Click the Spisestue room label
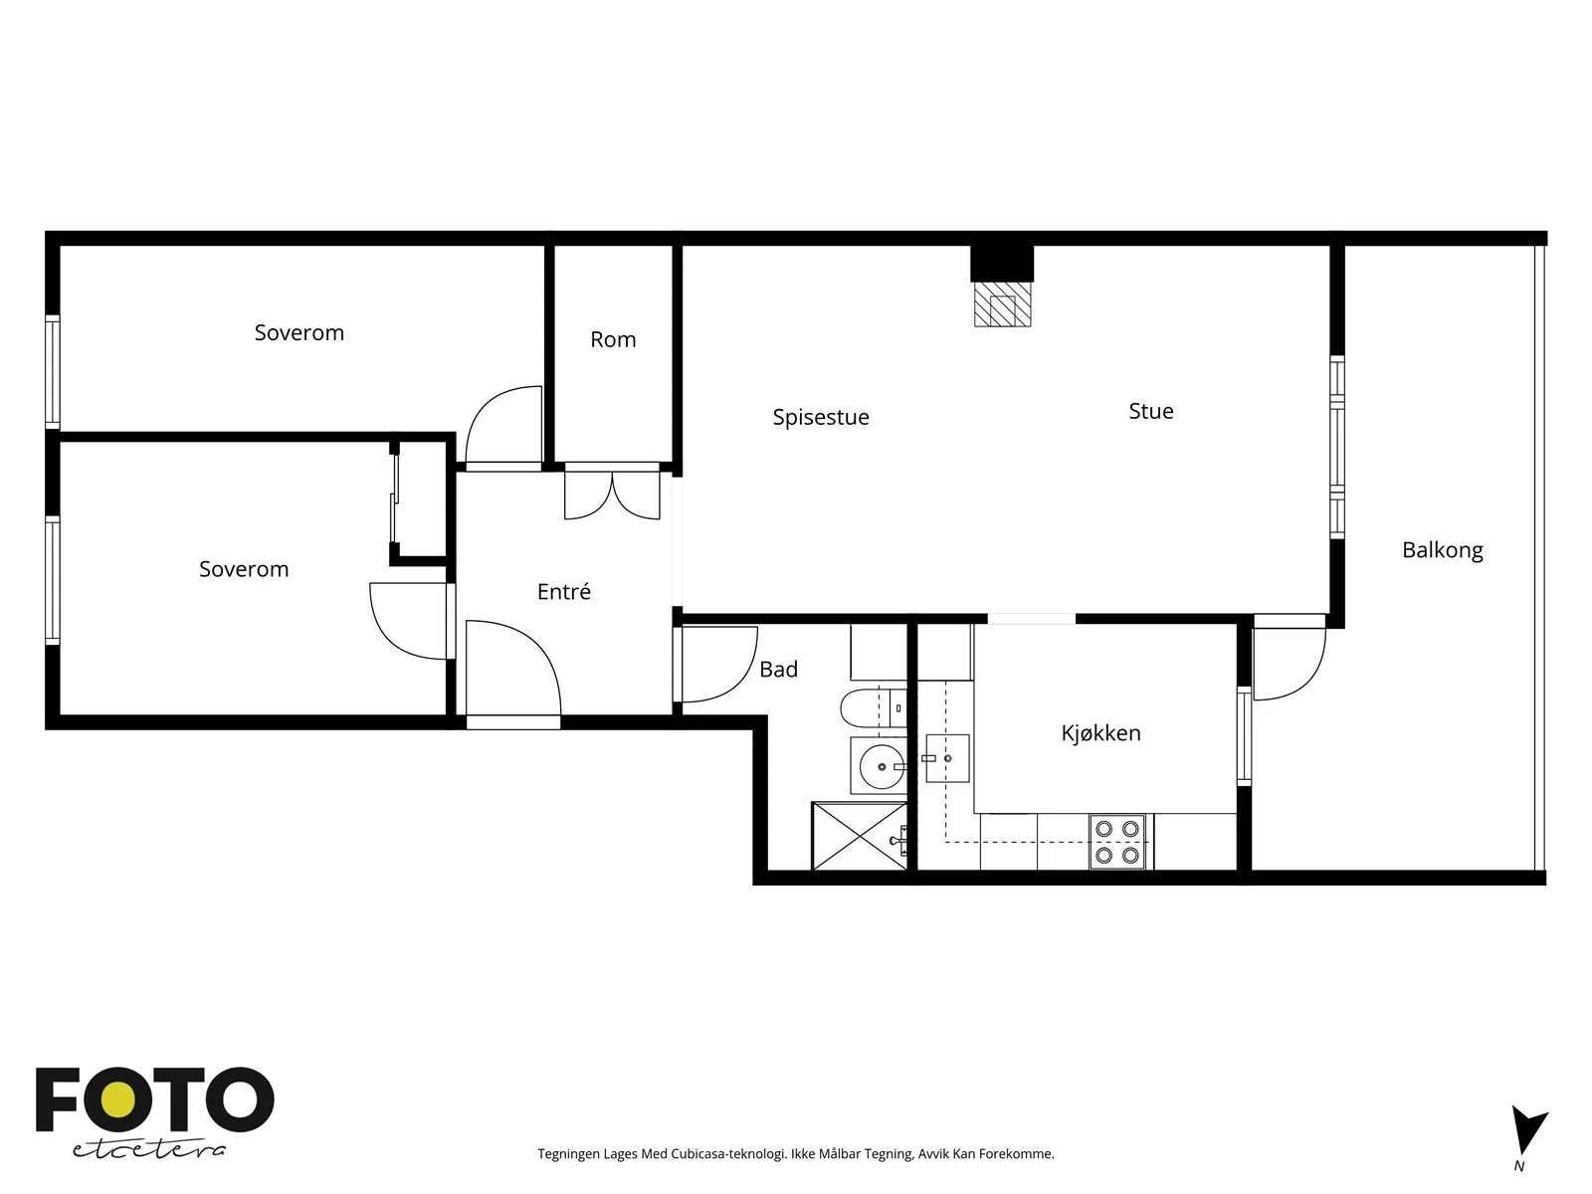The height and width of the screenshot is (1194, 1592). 820,418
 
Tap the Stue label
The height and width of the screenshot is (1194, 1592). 1151,411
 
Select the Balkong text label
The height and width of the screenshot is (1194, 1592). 1443,550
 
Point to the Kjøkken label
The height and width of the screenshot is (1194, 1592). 1101,733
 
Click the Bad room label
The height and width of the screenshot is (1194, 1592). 778,669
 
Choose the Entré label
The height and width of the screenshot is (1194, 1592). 563,592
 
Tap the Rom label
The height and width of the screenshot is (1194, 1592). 613,339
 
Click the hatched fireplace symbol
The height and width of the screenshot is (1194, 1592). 1002,303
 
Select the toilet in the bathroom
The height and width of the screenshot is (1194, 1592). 874,707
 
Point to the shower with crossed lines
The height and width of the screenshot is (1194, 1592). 860,836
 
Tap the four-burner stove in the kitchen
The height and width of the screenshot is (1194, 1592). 1117,841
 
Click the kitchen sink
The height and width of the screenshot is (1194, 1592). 947,758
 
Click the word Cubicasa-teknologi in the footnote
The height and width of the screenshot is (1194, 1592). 728,1154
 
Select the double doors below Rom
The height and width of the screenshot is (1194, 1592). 612,496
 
